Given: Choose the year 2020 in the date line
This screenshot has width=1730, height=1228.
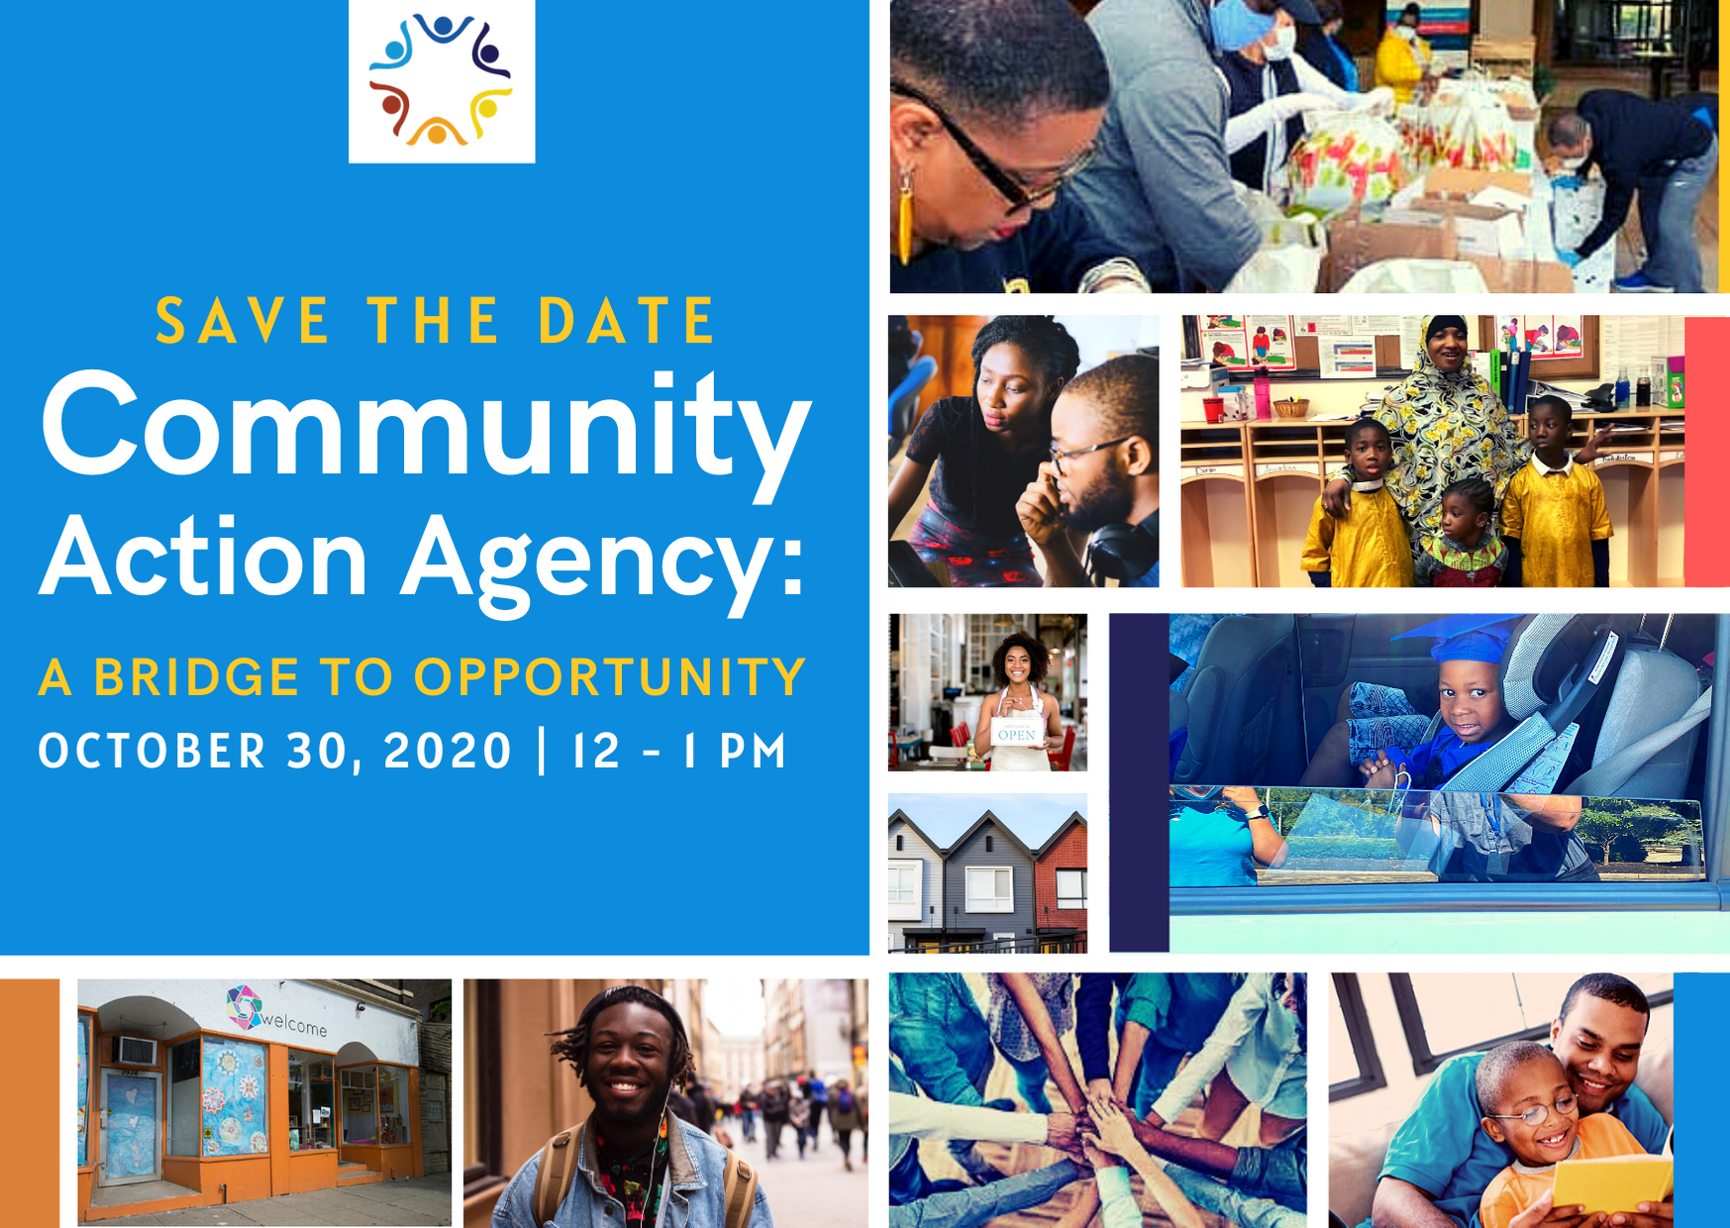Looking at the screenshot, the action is click(x=448, y=751).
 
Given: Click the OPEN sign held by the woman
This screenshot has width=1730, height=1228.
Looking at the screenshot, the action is click(x=1017, y=732).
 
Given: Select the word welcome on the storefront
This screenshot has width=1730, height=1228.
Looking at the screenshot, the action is click(x=294, y=1022).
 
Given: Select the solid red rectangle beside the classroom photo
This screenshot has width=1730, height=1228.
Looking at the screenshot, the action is click(x=1706, y=452).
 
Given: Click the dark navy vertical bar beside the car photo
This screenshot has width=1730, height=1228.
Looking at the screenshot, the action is click(x=1139, y=782).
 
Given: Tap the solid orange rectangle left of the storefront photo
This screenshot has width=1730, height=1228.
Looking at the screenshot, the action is click(x=30, y=1103).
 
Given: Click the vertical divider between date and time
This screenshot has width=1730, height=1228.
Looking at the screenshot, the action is click(x=542, y=751).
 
